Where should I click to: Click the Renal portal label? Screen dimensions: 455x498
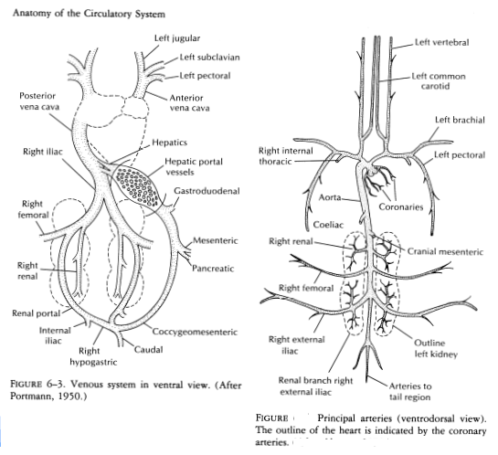(x=35, y=313)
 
